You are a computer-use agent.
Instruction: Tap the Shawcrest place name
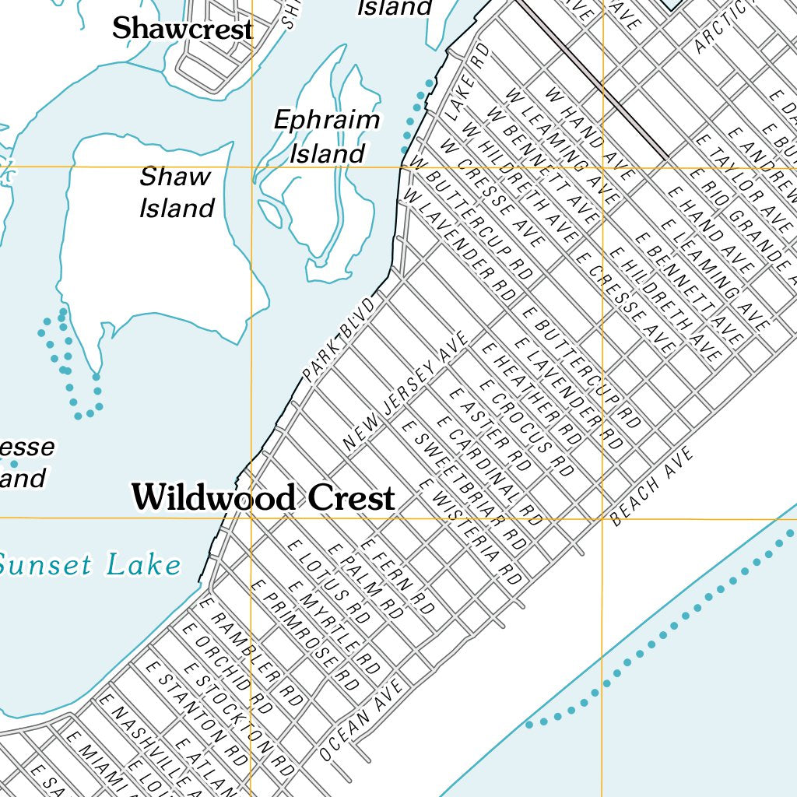click(x=182, y=30)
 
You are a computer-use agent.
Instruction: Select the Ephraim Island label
click(x=327, y=137)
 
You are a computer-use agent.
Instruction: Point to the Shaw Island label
click(x=177, y=192)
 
